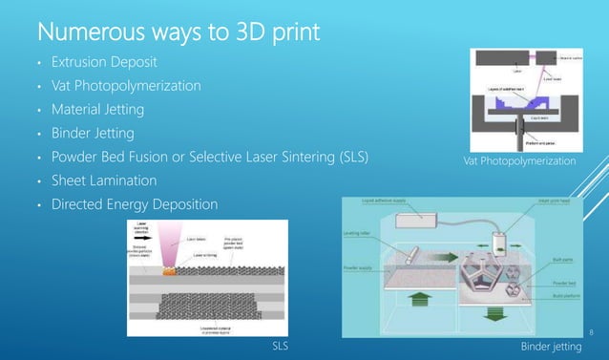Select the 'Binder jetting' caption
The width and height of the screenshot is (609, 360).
click(x=551, y=346)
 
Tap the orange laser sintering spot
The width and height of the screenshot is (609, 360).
click(x=170, y=272)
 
